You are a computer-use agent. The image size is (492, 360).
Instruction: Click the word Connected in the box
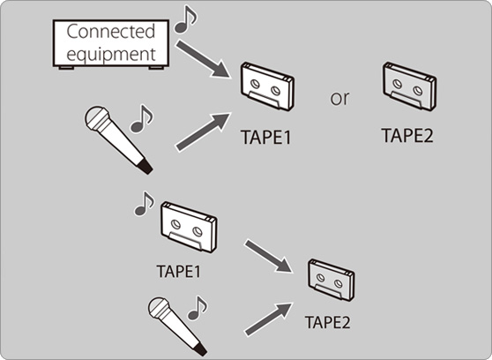(111, 32)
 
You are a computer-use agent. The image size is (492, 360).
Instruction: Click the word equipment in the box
(111, 54)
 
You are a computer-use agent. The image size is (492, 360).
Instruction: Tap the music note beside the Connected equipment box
(185, 19)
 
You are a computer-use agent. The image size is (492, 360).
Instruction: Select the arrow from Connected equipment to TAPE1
(203, 59)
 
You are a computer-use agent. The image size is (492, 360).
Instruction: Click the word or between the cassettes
(339, 98)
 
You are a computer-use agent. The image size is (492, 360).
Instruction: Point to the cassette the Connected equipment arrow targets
(267, 86)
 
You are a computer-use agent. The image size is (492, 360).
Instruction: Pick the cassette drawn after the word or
(409, 86)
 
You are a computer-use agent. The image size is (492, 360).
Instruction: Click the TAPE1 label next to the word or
(266, 138)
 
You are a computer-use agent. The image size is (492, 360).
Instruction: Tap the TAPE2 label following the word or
(407, 135)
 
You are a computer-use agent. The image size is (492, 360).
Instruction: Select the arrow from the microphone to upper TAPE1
(203, 131)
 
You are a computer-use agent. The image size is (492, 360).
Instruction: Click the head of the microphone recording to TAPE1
(97, 118)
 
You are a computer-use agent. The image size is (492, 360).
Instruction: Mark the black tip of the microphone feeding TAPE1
(145, 167)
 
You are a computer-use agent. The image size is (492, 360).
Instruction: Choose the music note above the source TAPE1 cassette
(145, 204)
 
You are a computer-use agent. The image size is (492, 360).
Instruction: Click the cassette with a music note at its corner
(189, 227)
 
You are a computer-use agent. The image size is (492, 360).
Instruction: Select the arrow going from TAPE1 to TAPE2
(269, 256)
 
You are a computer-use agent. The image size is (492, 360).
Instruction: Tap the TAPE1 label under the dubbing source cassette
(178, 272)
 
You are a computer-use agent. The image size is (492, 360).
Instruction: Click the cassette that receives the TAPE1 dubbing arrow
(332, 281)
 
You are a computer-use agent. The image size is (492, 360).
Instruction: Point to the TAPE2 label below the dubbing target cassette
(328, 322)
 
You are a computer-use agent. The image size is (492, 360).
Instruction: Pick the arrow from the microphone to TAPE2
(269, 319)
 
